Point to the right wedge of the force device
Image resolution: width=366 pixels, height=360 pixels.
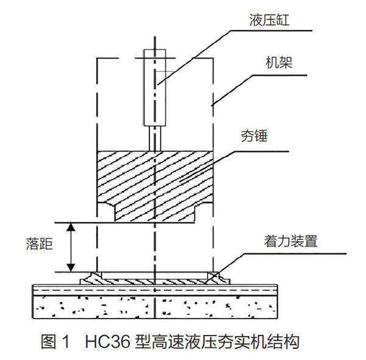[216, 277]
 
